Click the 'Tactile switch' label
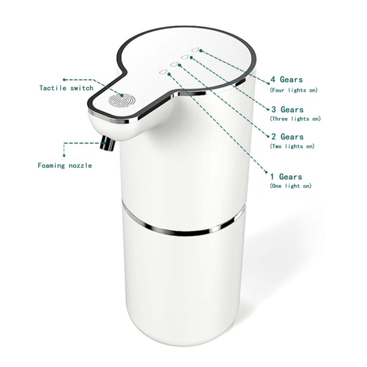(x=66, y=88)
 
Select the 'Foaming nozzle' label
(x=65, y=165)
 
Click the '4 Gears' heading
(x=287, y=80)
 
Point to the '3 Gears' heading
(x=287, y=109)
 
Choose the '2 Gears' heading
(x=287, y=136)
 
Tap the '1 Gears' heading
(x=286, y=176)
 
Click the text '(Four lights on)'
(x=294, y=90)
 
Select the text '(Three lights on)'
(x=295, y=119)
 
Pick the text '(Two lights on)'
(x=292, y=146)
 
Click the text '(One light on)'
(x=291, y=186)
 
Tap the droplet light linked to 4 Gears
(x=195, y=50)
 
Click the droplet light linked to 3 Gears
(x=185, y=57)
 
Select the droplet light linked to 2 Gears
(x=174, y=64)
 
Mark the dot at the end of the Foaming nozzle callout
(x=64, y=156)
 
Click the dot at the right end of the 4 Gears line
(x=269, y=83)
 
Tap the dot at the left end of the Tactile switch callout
(x=64, y=80)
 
